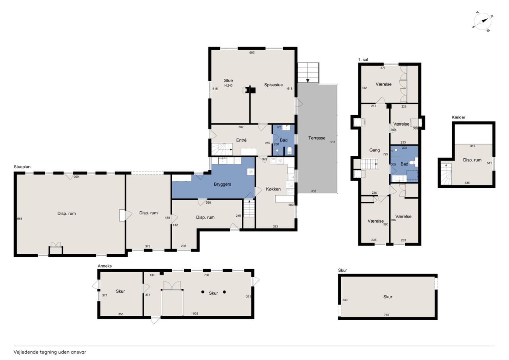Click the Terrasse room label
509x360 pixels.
click(317, 138)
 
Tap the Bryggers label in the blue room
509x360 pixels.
click(222, 184)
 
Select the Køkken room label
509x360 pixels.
click(273, 189)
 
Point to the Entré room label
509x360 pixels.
click(241, 140)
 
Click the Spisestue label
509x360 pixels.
click(273, 85)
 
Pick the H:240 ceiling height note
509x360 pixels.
click(228, 86)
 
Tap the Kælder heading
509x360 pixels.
click(458, 117)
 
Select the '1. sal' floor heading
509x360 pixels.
click(363, 60)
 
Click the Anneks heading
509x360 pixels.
click(105, 266)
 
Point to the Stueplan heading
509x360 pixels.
click(22, 167)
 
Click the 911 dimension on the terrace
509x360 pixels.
click(333, 142)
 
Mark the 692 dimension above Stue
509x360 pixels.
click(252, 53)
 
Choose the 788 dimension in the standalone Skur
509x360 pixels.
click(387, 315)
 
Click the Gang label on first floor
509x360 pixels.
click(375, 150)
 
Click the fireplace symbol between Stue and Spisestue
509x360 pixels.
click(249, 90)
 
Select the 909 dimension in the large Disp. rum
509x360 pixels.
click(76, 177)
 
